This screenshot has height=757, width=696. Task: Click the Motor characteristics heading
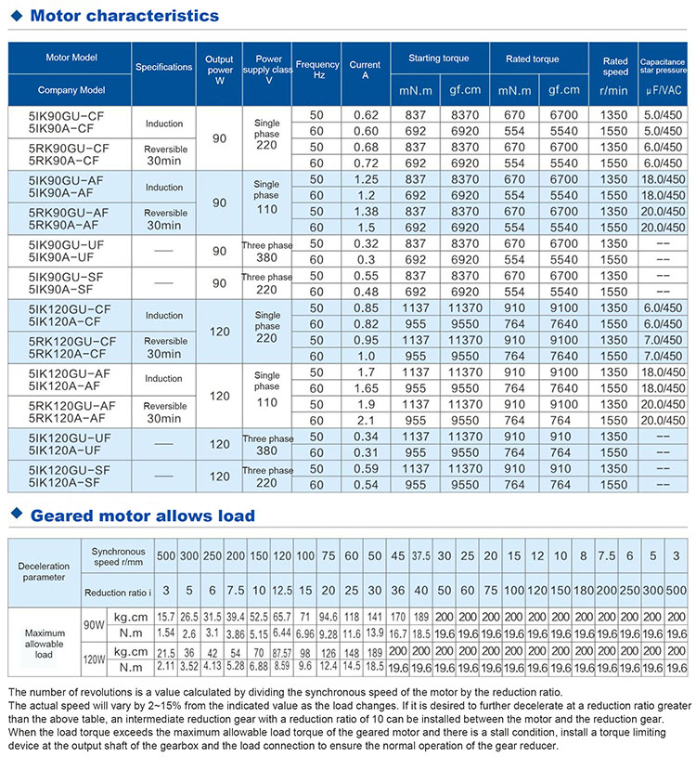click(x=124, y=16)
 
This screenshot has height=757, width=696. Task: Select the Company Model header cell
click(x=70, y=90)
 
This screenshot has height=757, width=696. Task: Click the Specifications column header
click(x=163, y=68)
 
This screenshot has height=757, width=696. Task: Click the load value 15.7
click(x=166, y=617)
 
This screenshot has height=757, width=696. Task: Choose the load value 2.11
click(x=166, y=666)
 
